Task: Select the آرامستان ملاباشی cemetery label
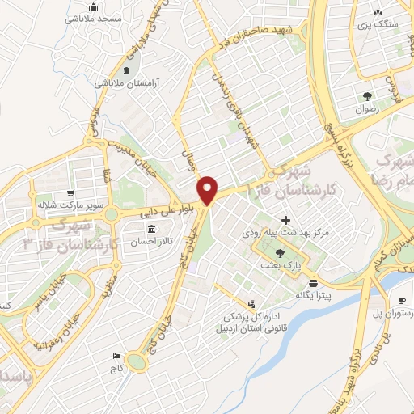129,83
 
